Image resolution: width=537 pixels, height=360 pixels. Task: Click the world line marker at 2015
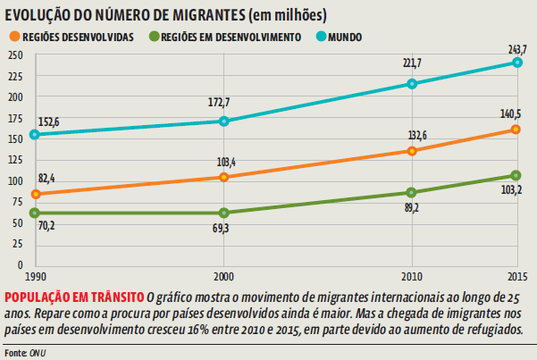[517, 63]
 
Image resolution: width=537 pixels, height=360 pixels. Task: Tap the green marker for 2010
[412, 192]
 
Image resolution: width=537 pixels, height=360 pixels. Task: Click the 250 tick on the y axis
[13, 55]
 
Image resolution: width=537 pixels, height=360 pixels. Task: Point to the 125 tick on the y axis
[13, 160]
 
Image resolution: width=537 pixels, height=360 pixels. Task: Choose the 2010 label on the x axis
[412, 275]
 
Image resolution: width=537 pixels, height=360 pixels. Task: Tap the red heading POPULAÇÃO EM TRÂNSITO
[73, 296]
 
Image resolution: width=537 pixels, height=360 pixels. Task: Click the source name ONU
[40, 352]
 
